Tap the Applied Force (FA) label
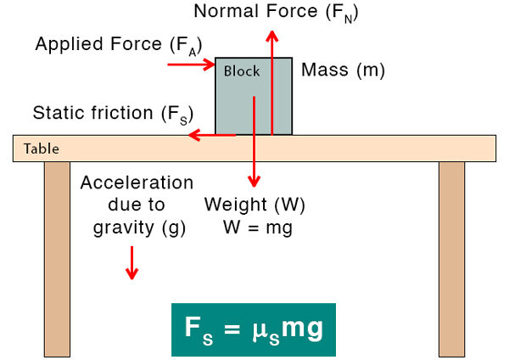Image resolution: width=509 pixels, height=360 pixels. [x=119, y=44]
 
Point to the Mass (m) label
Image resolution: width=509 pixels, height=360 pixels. [x=343, y=70]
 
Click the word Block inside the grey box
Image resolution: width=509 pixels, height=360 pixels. [x=242, y=70]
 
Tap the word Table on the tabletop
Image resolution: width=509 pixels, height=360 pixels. [x=42, y=149]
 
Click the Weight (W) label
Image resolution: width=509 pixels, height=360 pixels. [x=255, y=205]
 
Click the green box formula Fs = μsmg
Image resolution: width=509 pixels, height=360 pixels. [x=254, y=329]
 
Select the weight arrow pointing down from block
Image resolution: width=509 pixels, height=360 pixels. [x=253, y=144]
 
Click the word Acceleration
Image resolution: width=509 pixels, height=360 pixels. [x=137, y=183]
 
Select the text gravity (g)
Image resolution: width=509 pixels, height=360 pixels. [x=137, y=228]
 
